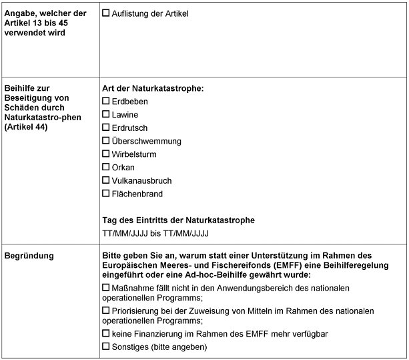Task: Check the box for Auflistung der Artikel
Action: [105, 13]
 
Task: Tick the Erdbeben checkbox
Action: [105, 102]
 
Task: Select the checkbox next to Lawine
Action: [105, 115]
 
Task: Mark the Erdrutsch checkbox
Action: [105, 128]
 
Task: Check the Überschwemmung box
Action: [105, 141]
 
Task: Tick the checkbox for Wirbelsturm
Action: [105, 154]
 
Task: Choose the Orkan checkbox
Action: [105, 167]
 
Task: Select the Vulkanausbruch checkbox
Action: [105, 180]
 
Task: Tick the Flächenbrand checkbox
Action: [105, 194]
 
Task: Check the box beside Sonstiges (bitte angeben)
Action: [105, 347]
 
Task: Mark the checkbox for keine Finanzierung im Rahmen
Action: [105, 333]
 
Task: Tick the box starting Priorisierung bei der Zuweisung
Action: [105, 311]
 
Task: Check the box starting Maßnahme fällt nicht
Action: [105, 287]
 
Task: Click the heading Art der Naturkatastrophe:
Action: [152, 88]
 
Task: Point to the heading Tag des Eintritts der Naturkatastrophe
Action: [178, 220]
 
